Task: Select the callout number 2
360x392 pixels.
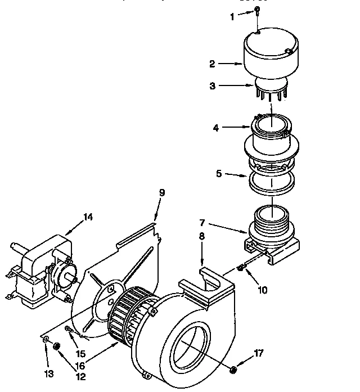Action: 212,64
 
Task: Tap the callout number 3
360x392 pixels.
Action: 212,86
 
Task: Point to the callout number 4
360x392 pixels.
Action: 216,128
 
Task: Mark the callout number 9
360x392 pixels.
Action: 162,192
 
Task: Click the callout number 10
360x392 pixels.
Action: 263,291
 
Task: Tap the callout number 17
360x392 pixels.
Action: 258,354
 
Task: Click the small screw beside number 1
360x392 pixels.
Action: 256,11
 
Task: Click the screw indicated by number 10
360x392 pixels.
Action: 240,267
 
